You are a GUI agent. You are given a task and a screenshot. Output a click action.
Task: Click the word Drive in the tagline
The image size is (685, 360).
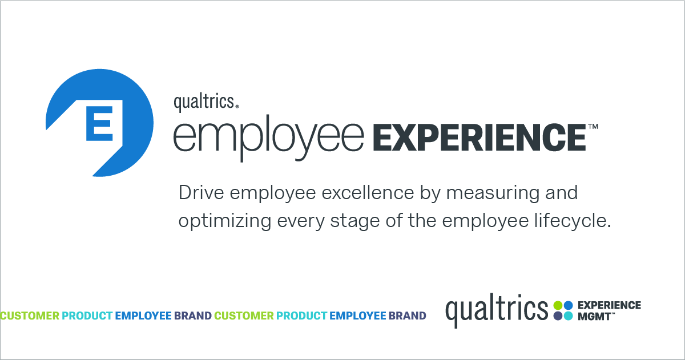[199, 193]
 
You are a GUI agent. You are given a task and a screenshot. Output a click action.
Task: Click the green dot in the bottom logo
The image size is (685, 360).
[558, 305]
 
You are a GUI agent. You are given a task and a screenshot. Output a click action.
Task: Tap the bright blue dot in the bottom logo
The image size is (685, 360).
[569, 305]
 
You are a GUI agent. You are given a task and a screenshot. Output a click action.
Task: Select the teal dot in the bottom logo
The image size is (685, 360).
[569, 315]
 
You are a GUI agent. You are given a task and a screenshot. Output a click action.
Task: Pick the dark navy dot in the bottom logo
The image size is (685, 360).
[558, 315]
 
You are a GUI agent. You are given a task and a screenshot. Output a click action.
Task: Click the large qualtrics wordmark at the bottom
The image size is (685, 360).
[497, 310]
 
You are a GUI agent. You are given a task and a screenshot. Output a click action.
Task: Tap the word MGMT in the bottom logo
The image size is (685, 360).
[593, 315]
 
